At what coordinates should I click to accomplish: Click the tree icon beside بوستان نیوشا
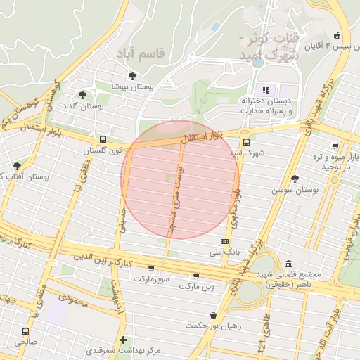133,76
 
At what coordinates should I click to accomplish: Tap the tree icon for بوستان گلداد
82,95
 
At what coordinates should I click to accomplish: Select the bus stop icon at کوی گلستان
103,139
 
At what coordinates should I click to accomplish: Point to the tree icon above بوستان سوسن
295,179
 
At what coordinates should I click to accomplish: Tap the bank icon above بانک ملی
224,241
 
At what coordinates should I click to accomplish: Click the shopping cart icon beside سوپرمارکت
151,269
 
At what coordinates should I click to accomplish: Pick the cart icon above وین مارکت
195,276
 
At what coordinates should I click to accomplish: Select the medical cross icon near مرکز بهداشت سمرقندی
123,340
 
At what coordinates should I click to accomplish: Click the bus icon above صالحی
26,331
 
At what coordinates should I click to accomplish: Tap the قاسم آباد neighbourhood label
140,53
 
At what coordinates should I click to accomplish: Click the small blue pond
214,27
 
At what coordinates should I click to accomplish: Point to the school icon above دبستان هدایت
266,89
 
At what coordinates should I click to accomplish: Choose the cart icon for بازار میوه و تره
335,146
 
